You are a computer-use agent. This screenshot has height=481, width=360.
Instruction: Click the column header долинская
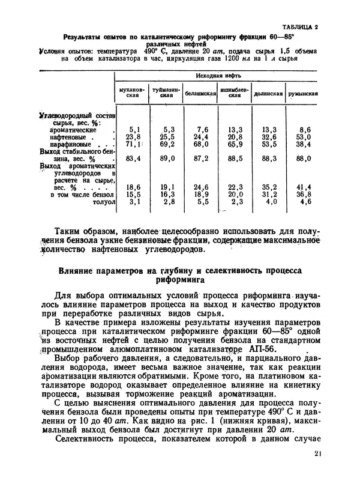(x=268, y=94)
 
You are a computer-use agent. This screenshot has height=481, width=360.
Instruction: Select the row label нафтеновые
(x=70, y=137)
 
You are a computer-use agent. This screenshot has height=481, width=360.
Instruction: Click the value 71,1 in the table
(x=134, y=145)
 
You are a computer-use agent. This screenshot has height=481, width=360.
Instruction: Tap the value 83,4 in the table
(x=134, y=159)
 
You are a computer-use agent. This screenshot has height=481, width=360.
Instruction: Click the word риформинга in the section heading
(x=180, y=279)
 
